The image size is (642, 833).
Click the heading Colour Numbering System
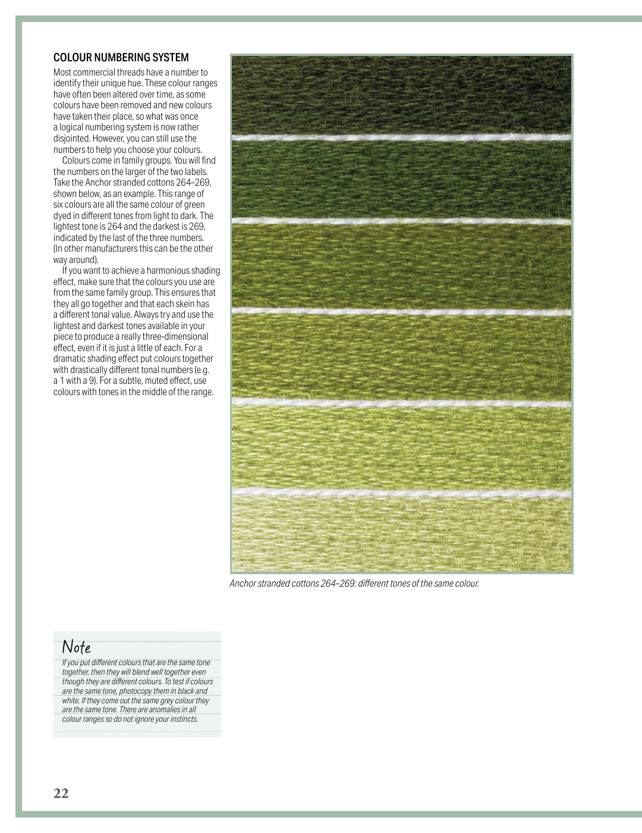121,58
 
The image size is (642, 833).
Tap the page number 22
61,793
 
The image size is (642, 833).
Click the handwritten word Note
77,647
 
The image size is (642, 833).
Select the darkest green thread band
401,95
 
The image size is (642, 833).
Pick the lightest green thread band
401,533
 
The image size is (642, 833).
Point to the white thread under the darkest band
401,137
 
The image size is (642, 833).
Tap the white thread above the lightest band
401,492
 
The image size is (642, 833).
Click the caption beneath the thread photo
354,584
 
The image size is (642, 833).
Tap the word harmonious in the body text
168,271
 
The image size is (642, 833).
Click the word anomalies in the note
161,710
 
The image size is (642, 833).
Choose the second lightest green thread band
401,446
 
